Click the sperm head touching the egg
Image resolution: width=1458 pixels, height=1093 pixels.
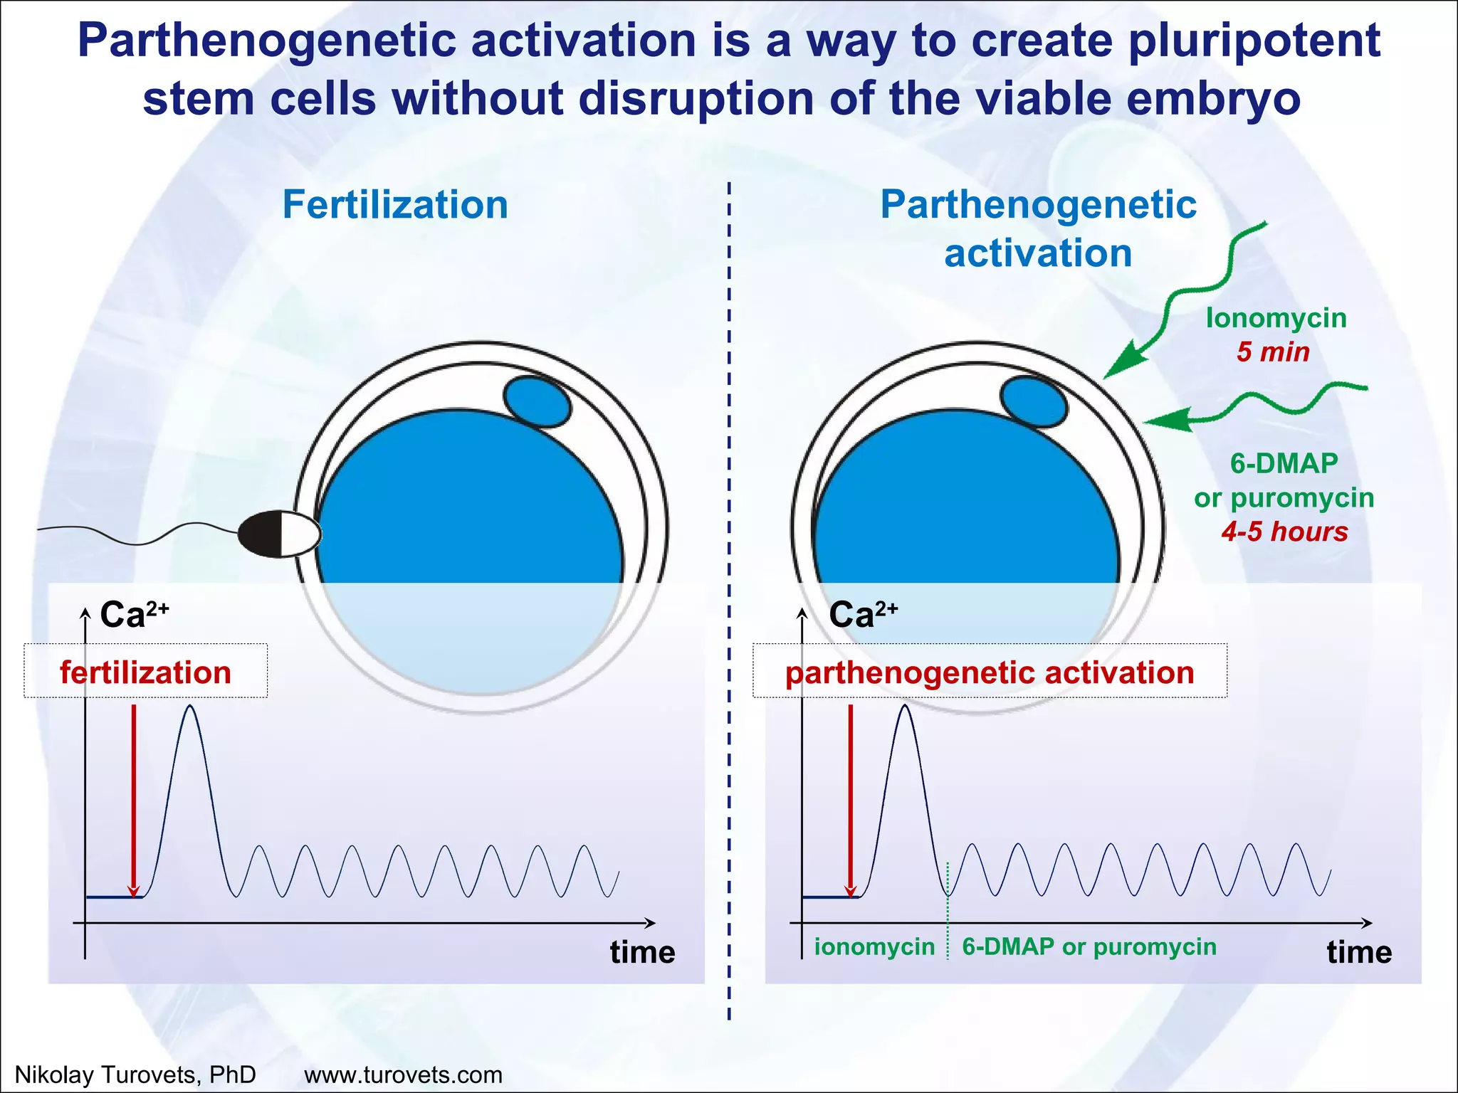[x=279, y=533]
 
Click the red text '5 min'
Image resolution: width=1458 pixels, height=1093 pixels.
[x=1273, y=352]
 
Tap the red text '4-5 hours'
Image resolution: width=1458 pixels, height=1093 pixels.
[x=1284, y=532]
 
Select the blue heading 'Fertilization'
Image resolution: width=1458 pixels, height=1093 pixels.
[x=395, y=205]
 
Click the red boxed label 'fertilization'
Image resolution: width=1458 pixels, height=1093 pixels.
[x=146, y=672]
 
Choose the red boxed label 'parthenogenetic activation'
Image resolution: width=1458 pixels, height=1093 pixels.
[x=990, y=672]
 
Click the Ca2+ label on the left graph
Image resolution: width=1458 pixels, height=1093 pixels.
[x=134, y=614]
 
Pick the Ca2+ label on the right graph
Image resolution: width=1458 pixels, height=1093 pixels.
[x=863, y=614]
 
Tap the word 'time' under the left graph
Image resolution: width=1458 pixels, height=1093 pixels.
[x=642, y=952]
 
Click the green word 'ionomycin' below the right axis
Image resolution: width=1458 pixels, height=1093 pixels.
[x=874, y=947]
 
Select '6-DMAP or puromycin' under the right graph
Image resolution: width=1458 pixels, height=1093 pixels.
[x=1089, y=947]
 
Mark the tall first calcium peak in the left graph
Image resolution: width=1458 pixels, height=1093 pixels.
[x=189, y=708]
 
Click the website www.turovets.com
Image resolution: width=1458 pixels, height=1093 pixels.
[x=403, y=1074]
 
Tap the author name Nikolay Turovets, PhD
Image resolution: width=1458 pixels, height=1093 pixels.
[x=135, y=1074]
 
